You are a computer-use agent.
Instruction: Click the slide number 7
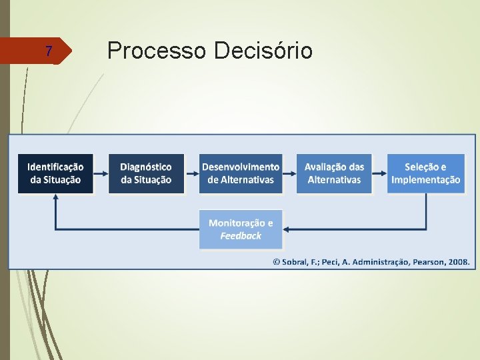[x=48, y=51]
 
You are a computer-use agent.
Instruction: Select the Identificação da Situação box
[x=55, y=173]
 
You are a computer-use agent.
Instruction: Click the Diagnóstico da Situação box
[x=146, y=173]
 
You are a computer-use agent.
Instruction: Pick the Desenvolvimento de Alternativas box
[x=241, y=173]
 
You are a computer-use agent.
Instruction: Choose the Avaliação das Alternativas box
[x=334, y=173]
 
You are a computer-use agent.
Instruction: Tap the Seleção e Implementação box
[x=425, y=173]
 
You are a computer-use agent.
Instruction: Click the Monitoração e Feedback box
[x=241, y=229]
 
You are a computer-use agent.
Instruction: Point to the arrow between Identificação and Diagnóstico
[x=101, y=173]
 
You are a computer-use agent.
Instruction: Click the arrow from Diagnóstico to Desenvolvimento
[x=191, y=173]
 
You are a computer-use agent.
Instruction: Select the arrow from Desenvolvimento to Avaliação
[x=289, y=173]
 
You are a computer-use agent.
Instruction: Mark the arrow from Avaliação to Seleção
[x=379, y=173]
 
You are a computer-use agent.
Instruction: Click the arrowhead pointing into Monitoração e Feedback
[x=287, y=229]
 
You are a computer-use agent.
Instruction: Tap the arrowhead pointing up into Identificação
[x=55, y=198]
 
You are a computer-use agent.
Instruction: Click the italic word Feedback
[x=241, y=236]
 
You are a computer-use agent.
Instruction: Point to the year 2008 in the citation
[x=459, y=262]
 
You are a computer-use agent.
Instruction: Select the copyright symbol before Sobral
[x=276, y=262]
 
